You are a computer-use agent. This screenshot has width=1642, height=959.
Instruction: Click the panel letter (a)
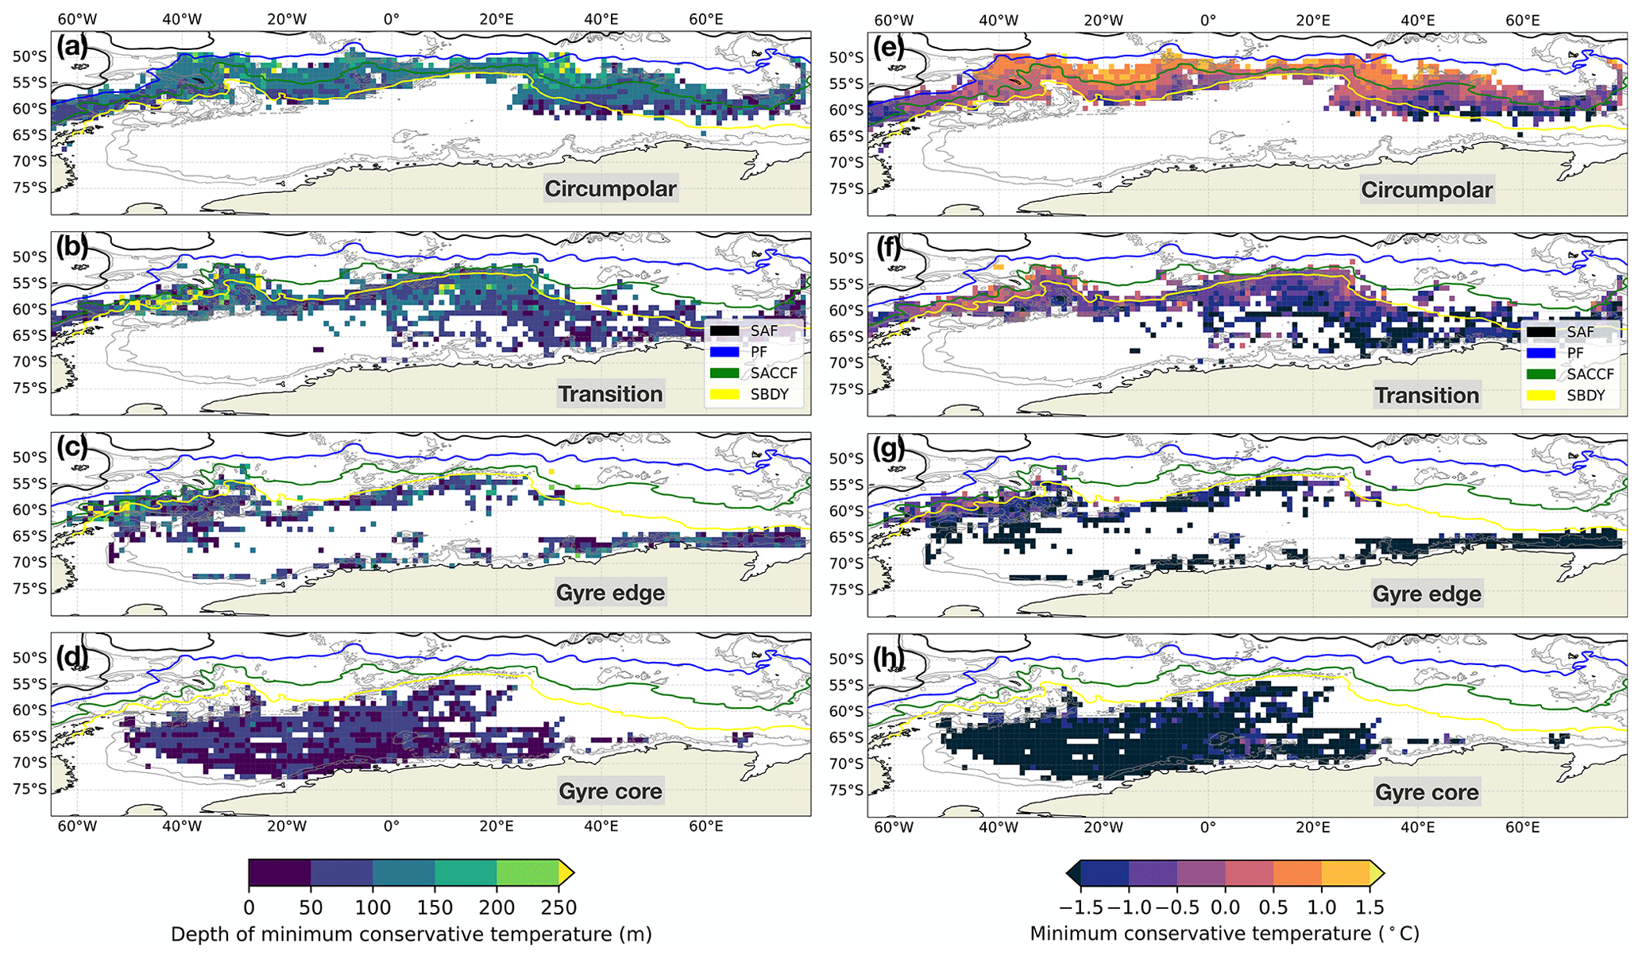(71, 47)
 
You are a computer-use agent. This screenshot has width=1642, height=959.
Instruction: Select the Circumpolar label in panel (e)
(1427, 190)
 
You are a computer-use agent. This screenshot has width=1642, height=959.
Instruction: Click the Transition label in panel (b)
(610, 394)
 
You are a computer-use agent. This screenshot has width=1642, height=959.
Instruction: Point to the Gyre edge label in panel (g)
(1427, 594)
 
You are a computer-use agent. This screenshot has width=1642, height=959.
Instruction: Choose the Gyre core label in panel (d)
(610, 791)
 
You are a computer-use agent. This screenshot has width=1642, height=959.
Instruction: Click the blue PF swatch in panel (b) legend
(724, 351)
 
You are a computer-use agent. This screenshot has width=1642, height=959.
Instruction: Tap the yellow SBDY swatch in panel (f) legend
(1541, 396)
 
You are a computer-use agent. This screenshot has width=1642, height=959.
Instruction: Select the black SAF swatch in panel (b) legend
(724, 331)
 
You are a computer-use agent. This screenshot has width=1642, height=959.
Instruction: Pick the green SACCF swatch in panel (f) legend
(1541, 374)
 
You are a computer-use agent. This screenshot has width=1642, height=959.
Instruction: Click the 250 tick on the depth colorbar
(558, 907)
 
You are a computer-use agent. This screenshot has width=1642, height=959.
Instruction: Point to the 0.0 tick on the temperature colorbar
(1225, 907)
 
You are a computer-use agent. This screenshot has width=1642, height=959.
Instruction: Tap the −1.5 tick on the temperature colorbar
(1081, 907)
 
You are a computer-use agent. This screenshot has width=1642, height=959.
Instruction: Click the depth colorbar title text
(411, 934)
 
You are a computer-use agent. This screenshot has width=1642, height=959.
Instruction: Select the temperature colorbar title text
(1224, 934)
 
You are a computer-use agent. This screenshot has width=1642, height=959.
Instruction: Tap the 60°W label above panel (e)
(894, 20)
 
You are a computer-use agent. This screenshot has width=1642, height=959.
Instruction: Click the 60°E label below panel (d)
(705, 826)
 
